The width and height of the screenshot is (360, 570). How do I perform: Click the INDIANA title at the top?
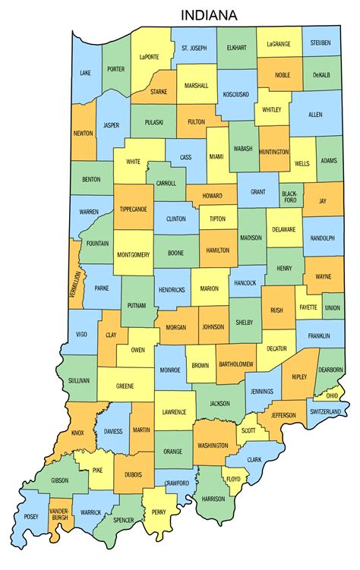(x=208, y=14)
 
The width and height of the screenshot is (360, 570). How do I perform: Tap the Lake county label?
(x=84, y=74)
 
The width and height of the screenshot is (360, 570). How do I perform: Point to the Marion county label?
(x=210, y=289)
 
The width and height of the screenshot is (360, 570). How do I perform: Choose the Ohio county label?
(x=333, y=395)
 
